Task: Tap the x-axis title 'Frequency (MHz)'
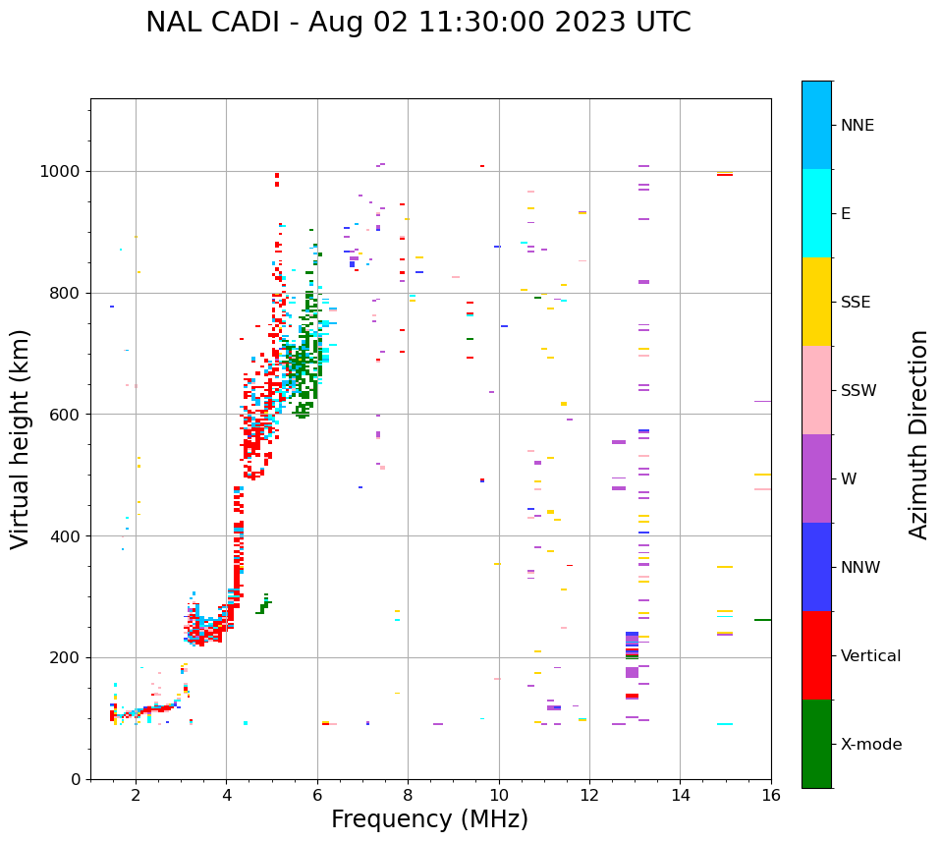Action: pyautogui.click(x=429, y=819)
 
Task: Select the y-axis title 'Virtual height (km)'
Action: pyautogui.click(x=21, y=439)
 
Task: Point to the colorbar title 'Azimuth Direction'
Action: pyautogui.click(x=918, y=434)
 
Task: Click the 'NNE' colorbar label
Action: pyautogui.click(x=857, y=126)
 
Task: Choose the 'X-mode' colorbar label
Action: pyautogui.click(x=870, y=745)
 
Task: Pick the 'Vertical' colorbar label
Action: pyautogui.click(x=870, y=656)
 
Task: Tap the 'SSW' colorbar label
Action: pyautogui.click(x=858, y=391)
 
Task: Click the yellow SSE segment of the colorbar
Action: pyautogui.click(x=816, y=302)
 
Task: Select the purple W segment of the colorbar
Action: pyautogui.click(x=816, y=478)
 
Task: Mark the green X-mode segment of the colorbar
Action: pyautogui.click(x=816, y=744)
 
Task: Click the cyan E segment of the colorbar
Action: pyautogui.click(x=816, y=213)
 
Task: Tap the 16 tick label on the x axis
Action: pyautogui.click(x=771, y=795)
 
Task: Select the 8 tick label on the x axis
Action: pyautogui.click(x=408, y=795)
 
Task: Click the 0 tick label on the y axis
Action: pyautogui.click(x=76, y=779)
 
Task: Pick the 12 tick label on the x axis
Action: pyautogui.click(x=589, y=795)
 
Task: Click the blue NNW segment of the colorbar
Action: pyautogui.click(x=816, y=567)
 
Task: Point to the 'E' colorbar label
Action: pyautogui.click(x=846, y=214)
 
